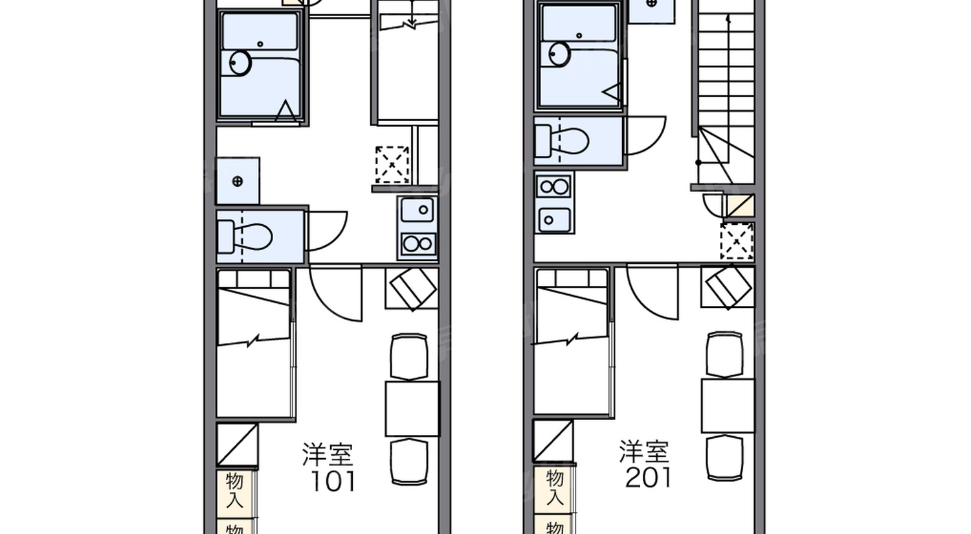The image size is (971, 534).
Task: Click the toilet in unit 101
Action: coord(249,237)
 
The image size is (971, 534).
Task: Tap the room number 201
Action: coord(648,478)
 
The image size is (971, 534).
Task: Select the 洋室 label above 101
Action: coord(328,455)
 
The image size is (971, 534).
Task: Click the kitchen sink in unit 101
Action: coord(418,210)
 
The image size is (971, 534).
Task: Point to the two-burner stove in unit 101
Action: coord(418,244)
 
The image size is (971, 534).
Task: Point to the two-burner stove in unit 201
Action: coord(554,187)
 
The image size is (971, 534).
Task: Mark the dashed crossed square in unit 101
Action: coord(392,165)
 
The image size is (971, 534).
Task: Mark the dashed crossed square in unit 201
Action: coord(737,240)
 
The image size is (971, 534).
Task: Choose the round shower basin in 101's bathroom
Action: coord(240,63)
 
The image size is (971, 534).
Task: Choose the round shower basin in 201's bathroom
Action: coord(559,54)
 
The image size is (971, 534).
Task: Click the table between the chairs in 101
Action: coord(412,408)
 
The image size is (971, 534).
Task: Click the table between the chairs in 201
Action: coord(728,406)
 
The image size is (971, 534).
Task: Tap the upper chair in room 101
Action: coord(409,356)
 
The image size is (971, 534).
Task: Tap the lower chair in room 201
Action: coord(724,458)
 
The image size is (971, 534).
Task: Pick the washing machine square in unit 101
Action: coord(238,181)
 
